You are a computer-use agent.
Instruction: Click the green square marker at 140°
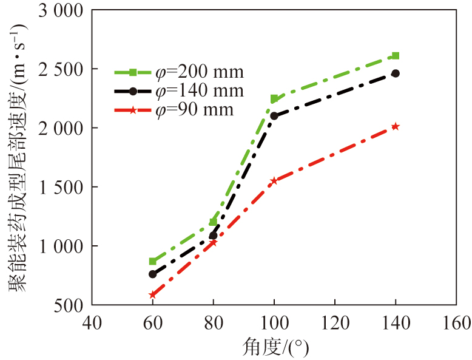click(x=396, y=56)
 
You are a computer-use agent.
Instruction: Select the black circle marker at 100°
click(x=274, y=115)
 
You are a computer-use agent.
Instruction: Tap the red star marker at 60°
click(x=152, y=295)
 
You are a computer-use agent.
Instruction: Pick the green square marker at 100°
click(x=274, y=98)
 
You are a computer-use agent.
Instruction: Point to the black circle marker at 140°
click(x=396, y=73)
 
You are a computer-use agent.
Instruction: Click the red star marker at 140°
click(x=396, y=126)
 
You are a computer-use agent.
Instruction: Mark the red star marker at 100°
click(x=274, y=180)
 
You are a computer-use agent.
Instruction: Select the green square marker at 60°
click(x=152, y=261)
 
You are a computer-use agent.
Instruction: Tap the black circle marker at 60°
click(x=152, y=274)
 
